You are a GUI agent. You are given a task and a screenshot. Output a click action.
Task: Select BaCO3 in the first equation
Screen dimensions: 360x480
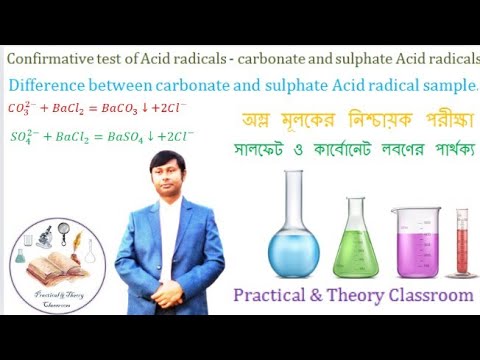(x=137, y=108)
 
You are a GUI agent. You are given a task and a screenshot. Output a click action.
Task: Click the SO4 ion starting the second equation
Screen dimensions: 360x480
(x=22, y=134)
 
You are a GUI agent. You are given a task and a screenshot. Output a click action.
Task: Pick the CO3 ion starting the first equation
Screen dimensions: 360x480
(x=22, y=107)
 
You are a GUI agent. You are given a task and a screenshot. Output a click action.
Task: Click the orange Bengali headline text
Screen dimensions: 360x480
(x=355, y=122)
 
